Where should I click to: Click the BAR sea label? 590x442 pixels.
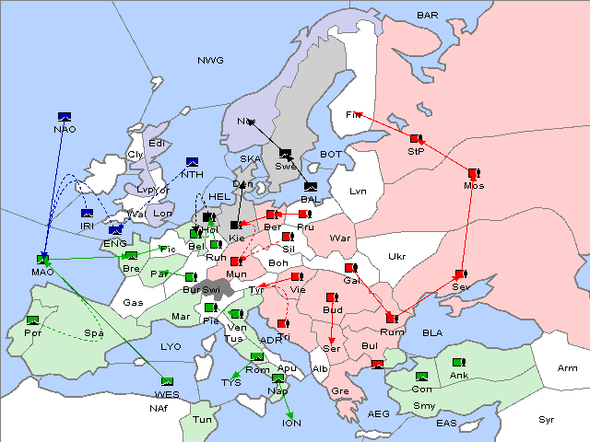(x=427, y=16)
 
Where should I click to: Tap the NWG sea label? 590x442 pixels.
(x=210, y=60)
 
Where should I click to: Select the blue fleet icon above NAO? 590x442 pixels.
(x=65, y=116)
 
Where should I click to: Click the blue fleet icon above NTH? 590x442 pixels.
(x=193, y=162)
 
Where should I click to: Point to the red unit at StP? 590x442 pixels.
(x=416, y=139)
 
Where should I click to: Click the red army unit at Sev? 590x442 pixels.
(x=460, y=274)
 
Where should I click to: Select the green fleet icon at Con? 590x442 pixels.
(x=422, y=377)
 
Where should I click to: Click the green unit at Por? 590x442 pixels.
(x=33, y=320)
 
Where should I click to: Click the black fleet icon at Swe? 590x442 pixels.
(x=285, y=154)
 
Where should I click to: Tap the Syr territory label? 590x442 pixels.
(x=547, y=419)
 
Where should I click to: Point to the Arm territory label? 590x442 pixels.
(x=568, y=368)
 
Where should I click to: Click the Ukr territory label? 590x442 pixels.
(x=397, y=257)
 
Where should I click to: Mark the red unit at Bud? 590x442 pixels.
(x=332, y=297)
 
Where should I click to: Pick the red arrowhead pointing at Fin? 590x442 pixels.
(x=355, y=114)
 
